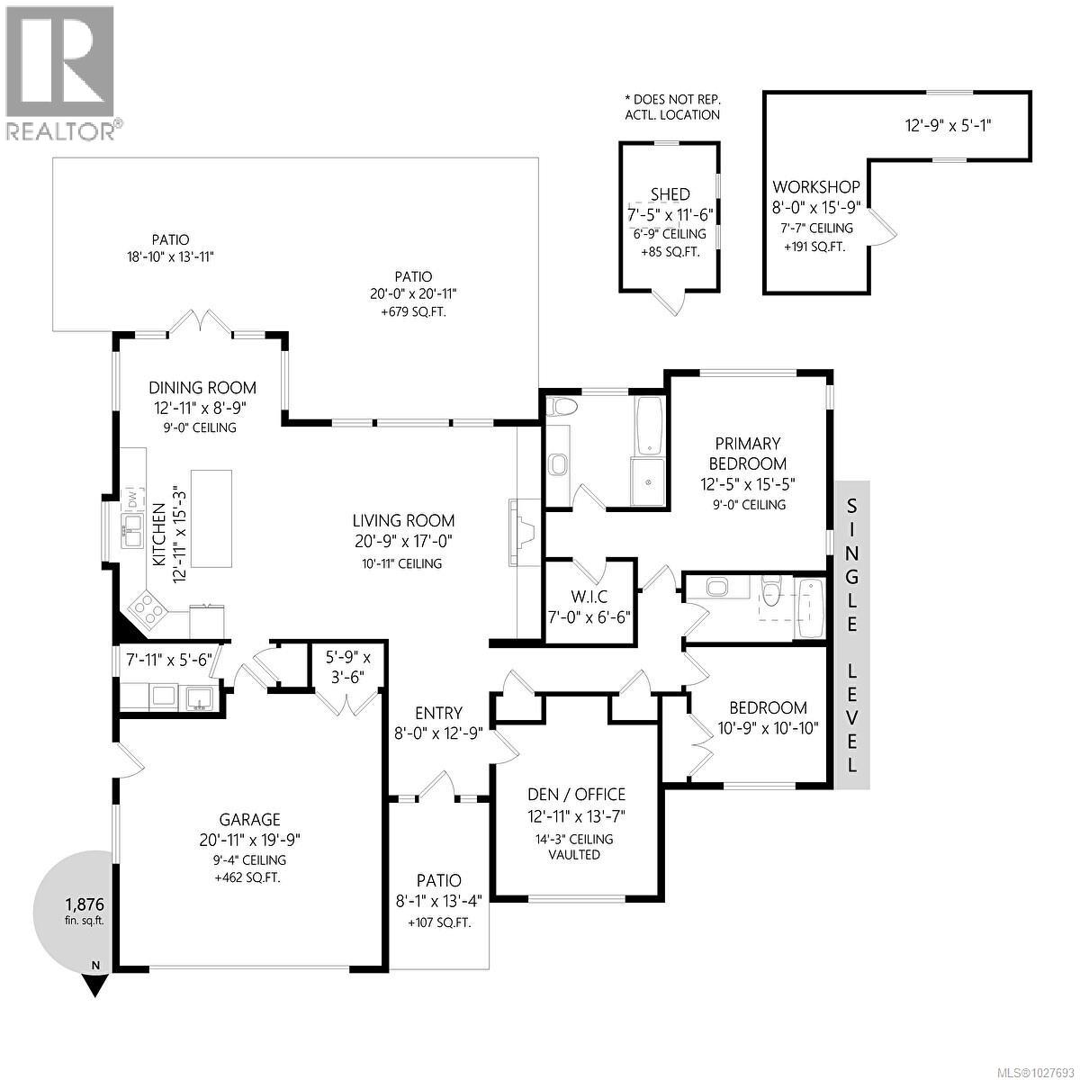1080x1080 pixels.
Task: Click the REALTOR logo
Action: (x=60, y=73)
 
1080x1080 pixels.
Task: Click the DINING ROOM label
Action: (x=202, y=388)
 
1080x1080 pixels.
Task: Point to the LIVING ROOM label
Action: (x=402, y=520)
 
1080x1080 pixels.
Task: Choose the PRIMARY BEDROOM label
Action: (x=747, y=454)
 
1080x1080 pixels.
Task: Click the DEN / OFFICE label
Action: (x=575, y=794)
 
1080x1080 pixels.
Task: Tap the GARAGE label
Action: (x=250, y=819)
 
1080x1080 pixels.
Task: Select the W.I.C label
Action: (x=589, y=597)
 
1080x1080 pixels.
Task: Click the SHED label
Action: (x=670, y=194)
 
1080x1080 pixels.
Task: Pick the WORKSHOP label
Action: (x=816, y=187)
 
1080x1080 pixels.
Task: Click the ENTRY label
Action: (x=439, y=713)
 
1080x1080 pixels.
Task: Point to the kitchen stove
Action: (x=149, y=612)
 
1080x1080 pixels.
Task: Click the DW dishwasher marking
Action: (x=131, y=498)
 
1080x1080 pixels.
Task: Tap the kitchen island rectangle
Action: (x=211, y=519)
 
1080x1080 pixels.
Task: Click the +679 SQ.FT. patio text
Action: (x=413, y=311)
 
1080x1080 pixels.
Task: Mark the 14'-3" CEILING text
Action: (x=574, y=839)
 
